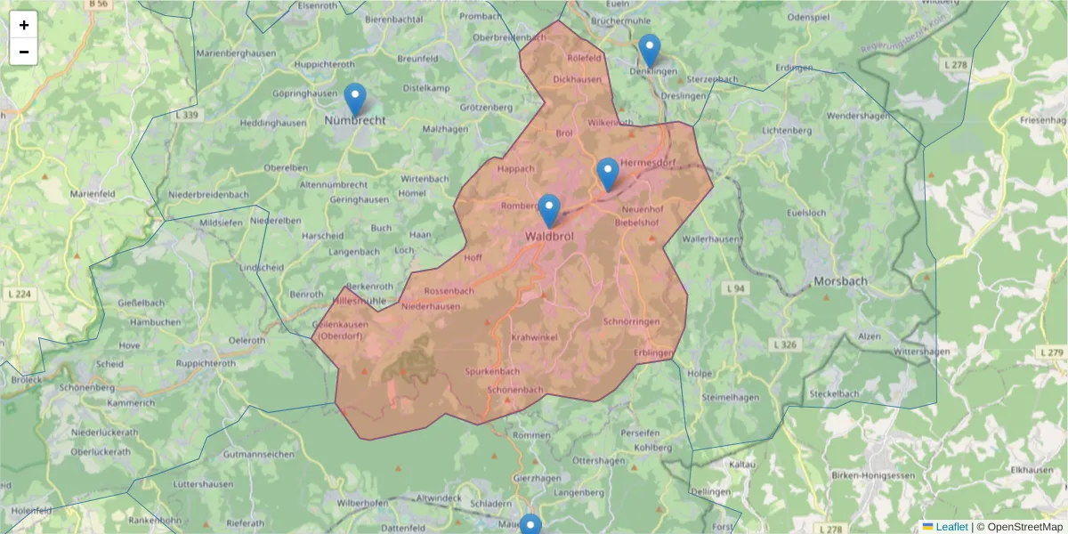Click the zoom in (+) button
(x=24, y=25)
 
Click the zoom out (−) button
(x=24, y=52)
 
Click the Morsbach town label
(x=840, y=281)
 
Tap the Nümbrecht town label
(x=355, y=120)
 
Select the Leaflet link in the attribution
(x=951, y=527)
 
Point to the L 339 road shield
(x=190, y=116)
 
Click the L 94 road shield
(x=734, y=289)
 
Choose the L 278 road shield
(x=956, y=65)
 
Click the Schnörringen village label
(x=631, y=321)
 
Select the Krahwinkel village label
(x=534, y=337)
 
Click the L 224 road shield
(x=17, y=294)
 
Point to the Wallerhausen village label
(x=711, y=239)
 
